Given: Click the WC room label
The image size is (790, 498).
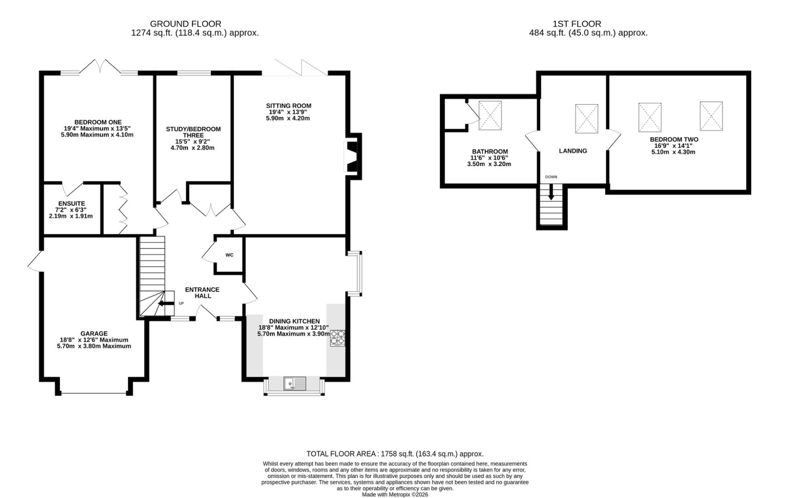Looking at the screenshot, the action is [229, 255].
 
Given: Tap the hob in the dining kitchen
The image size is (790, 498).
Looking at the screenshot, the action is [338, 338].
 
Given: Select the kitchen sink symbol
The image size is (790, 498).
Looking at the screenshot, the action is [295, 383].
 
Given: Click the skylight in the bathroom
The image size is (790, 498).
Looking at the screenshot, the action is [490, 115].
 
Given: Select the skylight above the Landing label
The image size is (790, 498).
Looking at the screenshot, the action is [586, 119].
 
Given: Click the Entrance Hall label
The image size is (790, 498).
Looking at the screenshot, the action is [202, 293].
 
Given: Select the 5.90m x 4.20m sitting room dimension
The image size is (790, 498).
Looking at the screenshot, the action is [288, 118].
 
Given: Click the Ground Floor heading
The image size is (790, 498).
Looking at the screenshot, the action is [186, 24].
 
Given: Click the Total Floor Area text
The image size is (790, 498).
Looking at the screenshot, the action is [395, 454].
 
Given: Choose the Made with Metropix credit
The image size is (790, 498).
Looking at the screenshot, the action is [395, 494].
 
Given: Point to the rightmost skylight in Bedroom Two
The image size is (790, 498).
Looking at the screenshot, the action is [711, 116].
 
